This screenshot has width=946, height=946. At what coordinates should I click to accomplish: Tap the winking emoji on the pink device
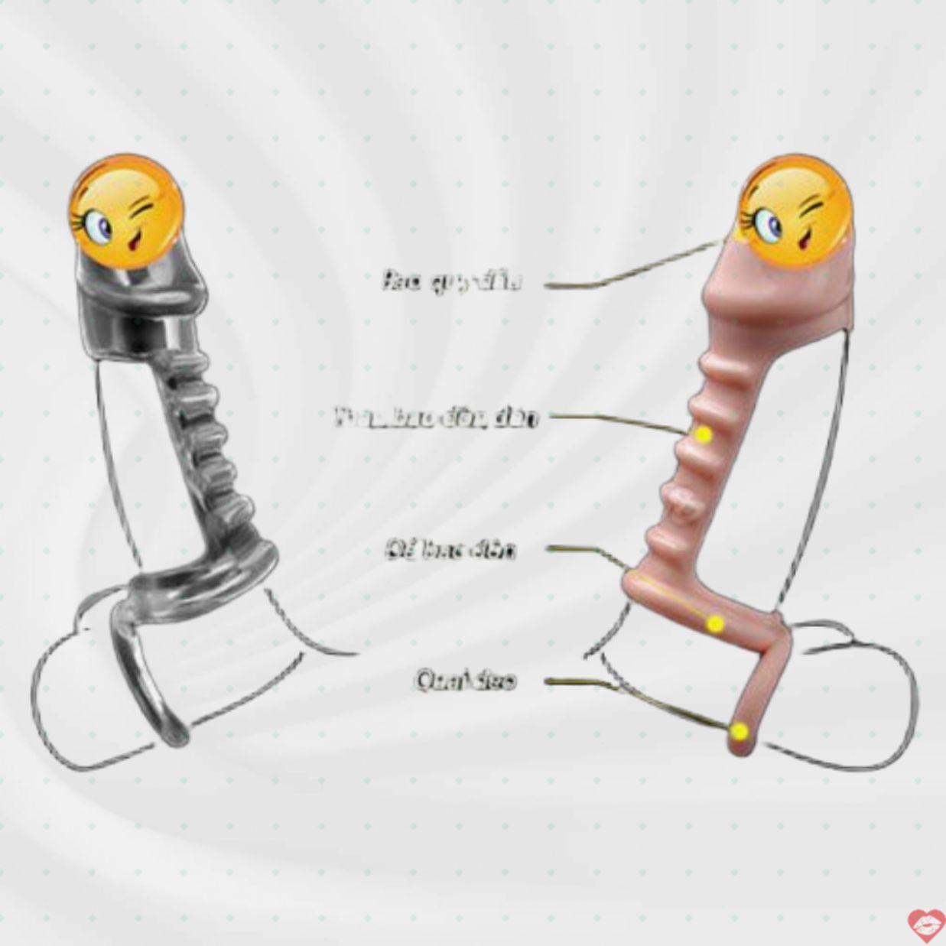pyautogui.click(x=796, y=211)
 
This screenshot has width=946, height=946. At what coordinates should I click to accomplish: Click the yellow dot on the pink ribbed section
pyautogui.click(x=704, y=434)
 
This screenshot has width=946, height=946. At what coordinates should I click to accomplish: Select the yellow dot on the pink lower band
pyautogui.click(x=715, y=624)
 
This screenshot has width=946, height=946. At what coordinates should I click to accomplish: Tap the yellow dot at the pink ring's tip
pyautogui.click(x=739, y=731)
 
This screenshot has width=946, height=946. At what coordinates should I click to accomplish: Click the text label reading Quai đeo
pyautogui.click(x=466, y=680)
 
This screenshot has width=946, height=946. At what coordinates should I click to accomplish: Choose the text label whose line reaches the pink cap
pyautogui.click(x=452, y=281)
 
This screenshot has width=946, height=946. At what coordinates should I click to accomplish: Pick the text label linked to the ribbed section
pyautogui.click(x=437, y=418)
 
